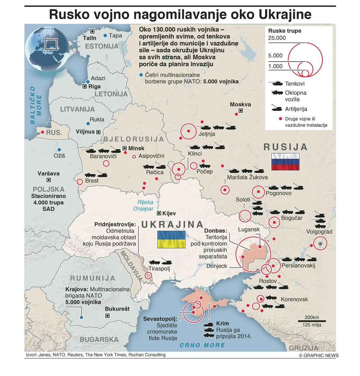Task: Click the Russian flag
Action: pyautogui.click(x=285, y=162)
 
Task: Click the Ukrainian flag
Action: pyautogui.click(x=171, y=240)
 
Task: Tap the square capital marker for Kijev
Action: pyautogui.click(x=159, y=213)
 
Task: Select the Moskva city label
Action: pyautogui.click(x=240, y=104)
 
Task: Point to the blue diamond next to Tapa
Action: pyautogui.click(x=105, y=35)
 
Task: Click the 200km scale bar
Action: pyautogui.click(x=311, y=321)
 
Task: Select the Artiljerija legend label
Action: pyautogui.click(x=296, y=109)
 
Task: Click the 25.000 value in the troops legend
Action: pyautogui.click(x=277, y=38)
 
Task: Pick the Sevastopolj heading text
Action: pyautogui.click(x=160, y=319)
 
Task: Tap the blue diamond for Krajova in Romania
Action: pyautogui.click(x=82, y=317)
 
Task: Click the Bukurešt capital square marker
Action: pyautogui.click(x=107, y=316)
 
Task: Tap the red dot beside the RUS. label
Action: pyautogui.click(x=43, y=133)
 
